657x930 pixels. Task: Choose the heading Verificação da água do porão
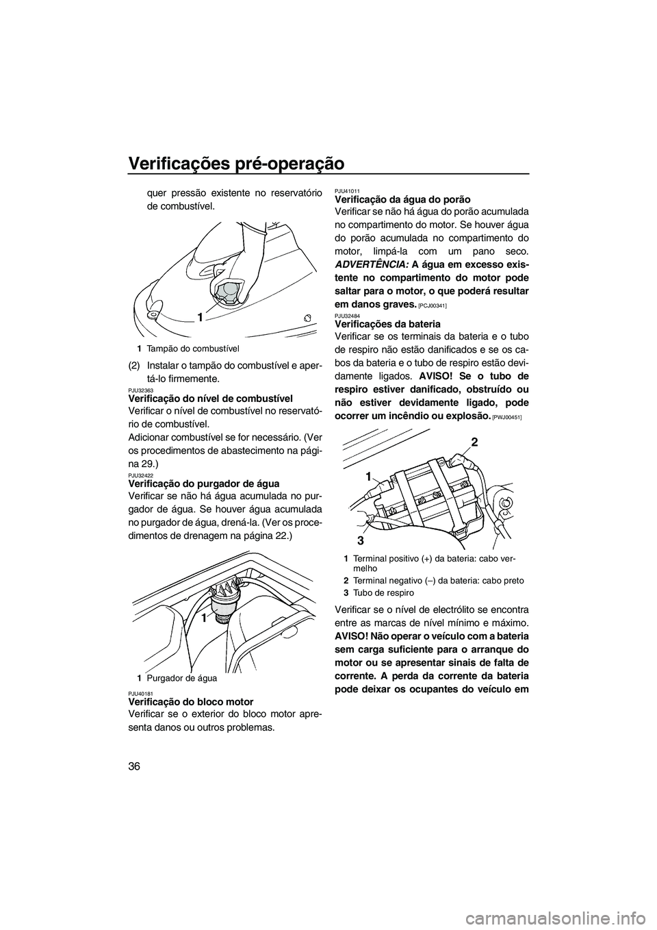[402, 199]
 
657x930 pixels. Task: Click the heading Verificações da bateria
[387, 323]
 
